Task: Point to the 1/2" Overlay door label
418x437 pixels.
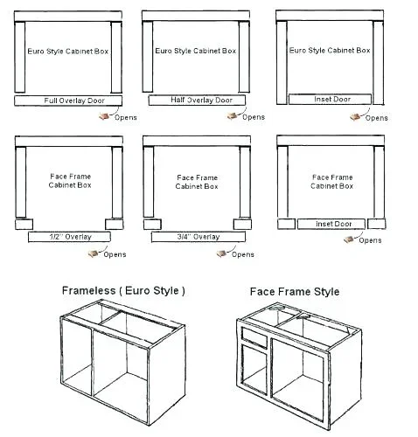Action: pos(70,237)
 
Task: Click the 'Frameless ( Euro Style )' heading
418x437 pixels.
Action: pos(122,290)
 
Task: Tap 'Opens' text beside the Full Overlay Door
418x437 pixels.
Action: pos(127,118)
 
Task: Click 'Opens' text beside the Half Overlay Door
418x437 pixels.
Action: pos(254,117)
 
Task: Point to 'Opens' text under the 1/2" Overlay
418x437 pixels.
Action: pos(114,254)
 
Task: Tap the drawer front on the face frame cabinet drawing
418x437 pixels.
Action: pos(254,335)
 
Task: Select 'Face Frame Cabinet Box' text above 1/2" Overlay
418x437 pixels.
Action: pos(67,181)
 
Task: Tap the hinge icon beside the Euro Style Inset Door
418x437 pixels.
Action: pos(356,114)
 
